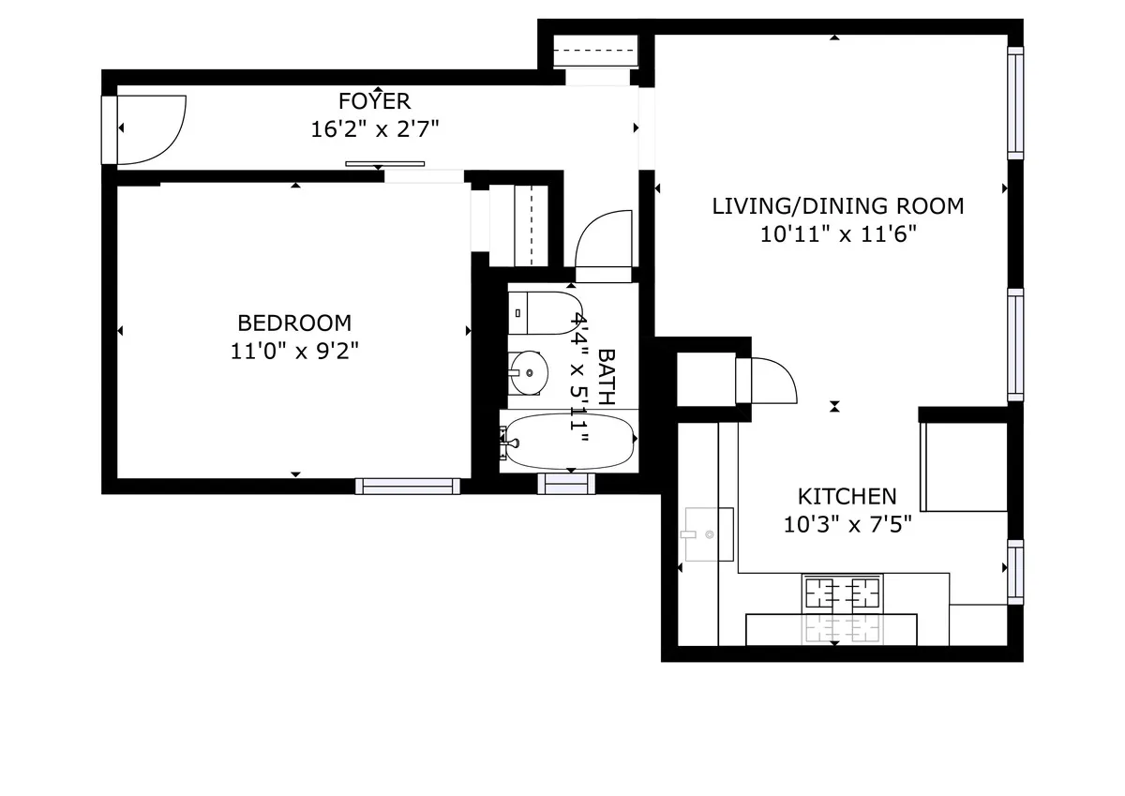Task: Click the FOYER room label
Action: click(x=374, y=101)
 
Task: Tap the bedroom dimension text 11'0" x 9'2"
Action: click(x=294, y=352)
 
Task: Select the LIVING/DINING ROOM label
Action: click(x=837, y=206)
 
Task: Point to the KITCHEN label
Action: click(x=847, y=496)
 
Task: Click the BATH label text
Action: click(x=607, y=377)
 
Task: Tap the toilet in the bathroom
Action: click(x=544, y=312)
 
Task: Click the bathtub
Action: click(x=569, y=441)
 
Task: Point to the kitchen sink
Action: click(x=708, y=533)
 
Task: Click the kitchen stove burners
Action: click(x=842, y=593)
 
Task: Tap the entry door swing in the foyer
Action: click(x=155, y=129)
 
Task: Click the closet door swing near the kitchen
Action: click(x=772, y=380)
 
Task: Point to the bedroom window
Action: click(x=407, y=486)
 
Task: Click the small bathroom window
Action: click(x=566, y=484)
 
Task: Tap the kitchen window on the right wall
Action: click(x=1014, y=571)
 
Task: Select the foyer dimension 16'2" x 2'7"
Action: click(x=374, y=129)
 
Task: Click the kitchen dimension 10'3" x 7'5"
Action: click(x=847, y=524)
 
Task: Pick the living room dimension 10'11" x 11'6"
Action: click(x=837, y=234)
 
